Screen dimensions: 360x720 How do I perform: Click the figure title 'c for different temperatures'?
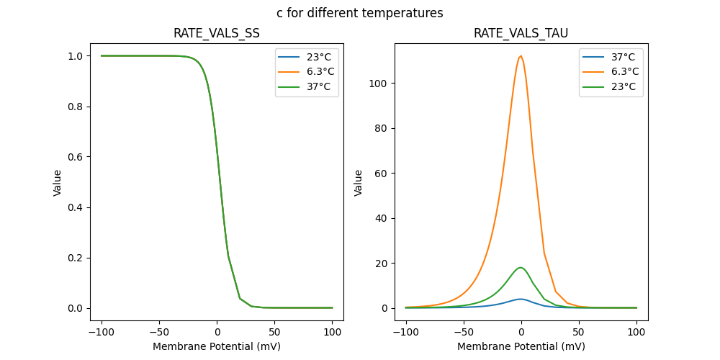[x=360, y=13]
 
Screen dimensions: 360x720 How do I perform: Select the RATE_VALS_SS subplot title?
[x=217, y=34]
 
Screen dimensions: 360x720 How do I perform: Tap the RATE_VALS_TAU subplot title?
[x=521, y=34]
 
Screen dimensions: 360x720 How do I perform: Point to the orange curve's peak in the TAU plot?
[x=521, y=56]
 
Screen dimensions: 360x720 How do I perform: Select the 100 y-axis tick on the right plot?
[x=383, y=84]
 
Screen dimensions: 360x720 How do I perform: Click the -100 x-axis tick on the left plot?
[x=102, y=333]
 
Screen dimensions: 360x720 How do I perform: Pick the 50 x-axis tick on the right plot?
[x=579, y=333]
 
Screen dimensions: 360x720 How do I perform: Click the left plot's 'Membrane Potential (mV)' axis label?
[x=217, y=346]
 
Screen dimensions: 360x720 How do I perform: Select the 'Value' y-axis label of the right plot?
[x=359, y=183]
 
